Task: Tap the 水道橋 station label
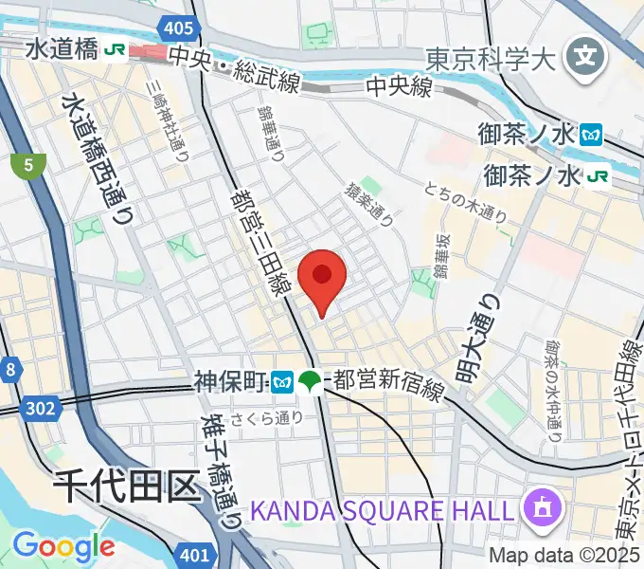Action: (62, 49)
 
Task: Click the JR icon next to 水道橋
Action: (117, 49)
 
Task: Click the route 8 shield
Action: (9, 369)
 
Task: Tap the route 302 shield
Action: (45, 408)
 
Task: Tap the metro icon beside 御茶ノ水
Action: (593, 135)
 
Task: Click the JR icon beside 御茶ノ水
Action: (597, 175)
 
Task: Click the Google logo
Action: (63, 546)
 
